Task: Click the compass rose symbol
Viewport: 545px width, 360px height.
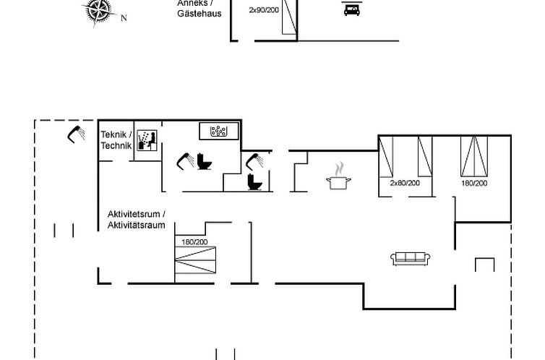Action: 100,11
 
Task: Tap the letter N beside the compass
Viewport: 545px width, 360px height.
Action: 124,18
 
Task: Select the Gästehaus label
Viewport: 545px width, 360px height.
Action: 199,14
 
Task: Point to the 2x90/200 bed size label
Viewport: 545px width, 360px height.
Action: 264,10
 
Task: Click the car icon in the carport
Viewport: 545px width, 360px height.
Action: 352,10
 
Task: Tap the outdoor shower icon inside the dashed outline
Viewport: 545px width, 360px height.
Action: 76,134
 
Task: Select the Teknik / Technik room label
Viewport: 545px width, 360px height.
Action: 116,140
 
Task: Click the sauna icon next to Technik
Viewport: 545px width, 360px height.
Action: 147,140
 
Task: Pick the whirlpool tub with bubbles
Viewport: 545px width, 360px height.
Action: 219,131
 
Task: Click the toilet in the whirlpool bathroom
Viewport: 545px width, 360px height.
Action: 205,162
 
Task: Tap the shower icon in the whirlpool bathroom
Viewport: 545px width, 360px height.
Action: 185,161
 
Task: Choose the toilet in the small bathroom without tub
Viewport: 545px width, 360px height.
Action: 254,182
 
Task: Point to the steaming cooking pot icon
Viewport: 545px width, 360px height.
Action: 338,176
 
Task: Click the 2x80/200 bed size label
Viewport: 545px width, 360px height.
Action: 405,183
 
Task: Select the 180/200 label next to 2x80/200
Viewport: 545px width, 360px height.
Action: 474,184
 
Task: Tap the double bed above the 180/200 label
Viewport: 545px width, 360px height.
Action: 474,156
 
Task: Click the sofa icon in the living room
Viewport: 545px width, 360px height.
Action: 411,259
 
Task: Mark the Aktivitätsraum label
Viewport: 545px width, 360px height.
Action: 136,225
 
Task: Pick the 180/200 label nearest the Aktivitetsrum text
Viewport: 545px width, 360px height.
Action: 194,242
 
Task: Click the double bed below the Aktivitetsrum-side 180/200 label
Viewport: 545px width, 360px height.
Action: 195,260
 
